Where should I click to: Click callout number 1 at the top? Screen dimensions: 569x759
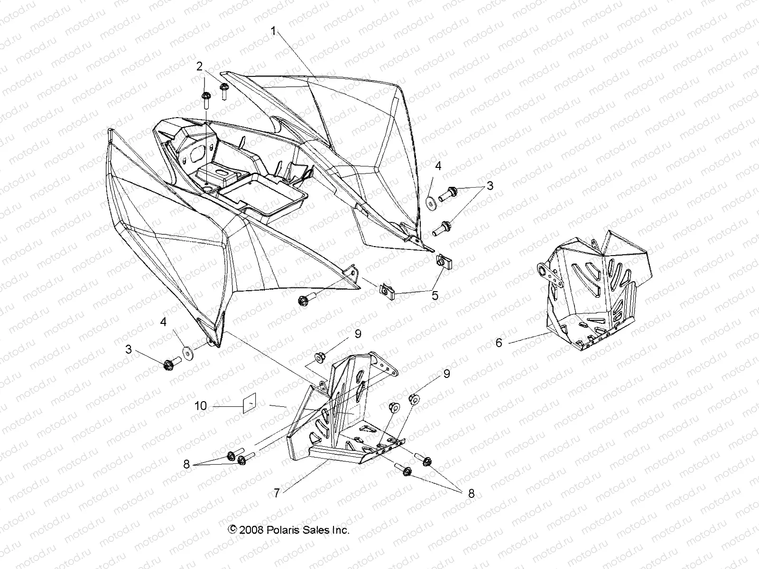pos(273,31)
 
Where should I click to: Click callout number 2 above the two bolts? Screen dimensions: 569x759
pos(200,66)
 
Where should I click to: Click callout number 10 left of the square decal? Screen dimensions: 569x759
pos(201,406)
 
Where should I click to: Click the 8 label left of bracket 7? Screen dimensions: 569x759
pos(186,465)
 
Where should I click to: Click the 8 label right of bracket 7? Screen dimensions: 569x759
pos(471,494)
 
